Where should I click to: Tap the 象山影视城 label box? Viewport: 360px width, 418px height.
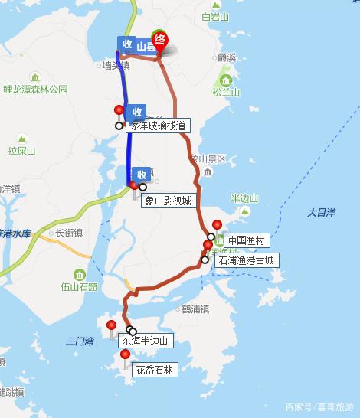(167, 201)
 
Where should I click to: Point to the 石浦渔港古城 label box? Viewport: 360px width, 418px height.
(245, 260)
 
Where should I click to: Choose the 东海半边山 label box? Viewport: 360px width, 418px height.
(144, 341)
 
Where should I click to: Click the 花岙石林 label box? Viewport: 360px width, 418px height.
(154, 371)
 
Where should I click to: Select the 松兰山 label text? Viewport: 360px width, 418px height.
(226, 93)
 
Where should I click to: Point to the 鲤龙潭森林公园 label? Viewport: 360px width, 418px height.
(35, 90)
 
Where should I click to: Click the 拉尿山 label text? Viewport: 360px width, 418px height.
(22, 151)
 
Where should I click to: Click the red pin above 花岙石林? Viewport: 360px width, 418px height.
(125, 355)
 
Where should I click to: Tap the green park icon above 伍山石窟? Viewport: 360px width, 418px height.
(80, 274)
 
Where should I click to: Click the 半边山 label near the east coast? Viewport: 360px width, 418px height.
(244, 198)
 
